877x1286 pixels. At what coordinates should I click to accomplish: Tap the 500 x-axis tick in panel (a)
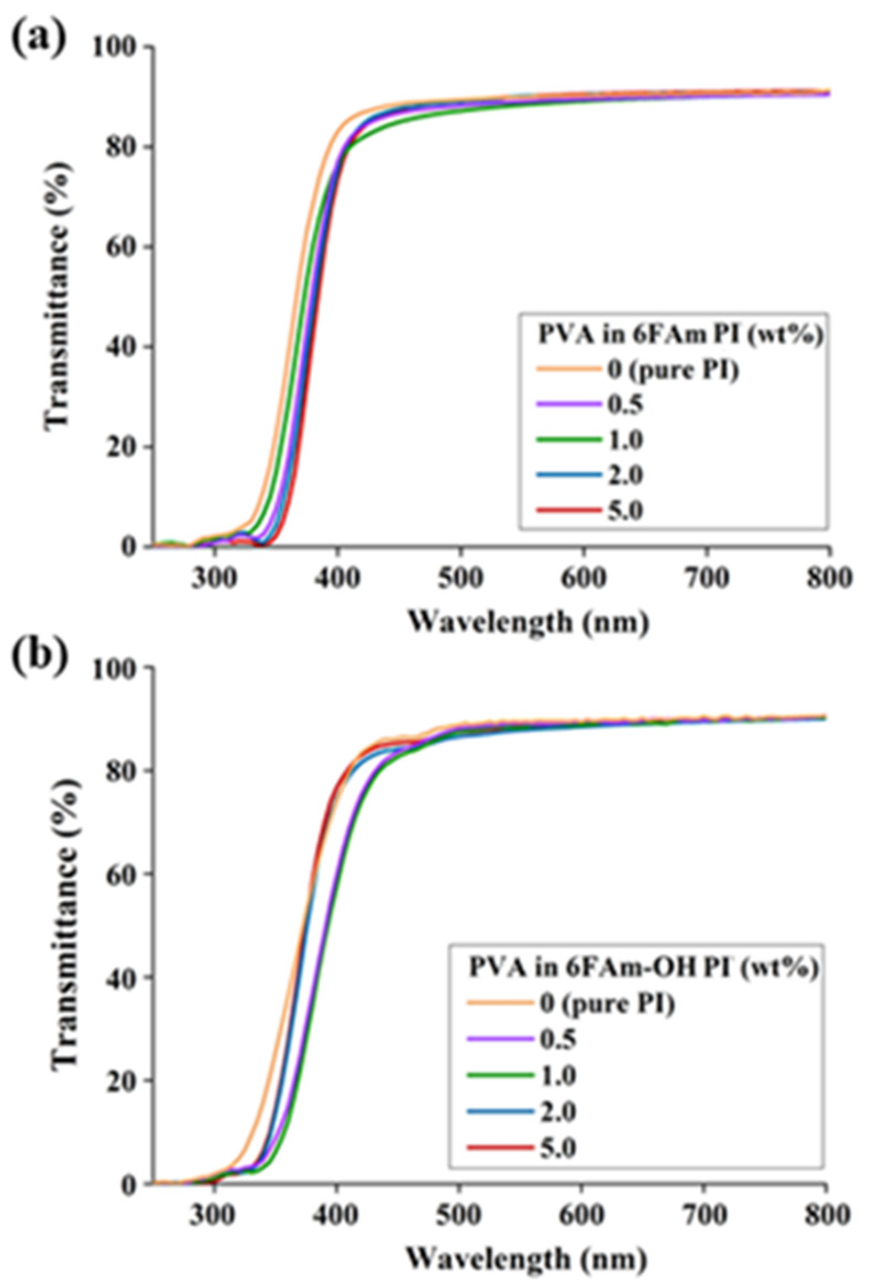click(460, 579)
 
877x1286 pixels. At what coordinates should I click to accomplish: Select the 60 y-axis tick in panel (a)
click(119, 247)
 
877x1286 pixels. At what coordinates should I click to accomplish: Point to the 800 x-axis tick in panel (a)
click(829, 579)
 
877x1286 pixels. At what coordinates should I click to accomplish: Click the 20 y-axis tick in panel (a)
click(119, 447)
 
